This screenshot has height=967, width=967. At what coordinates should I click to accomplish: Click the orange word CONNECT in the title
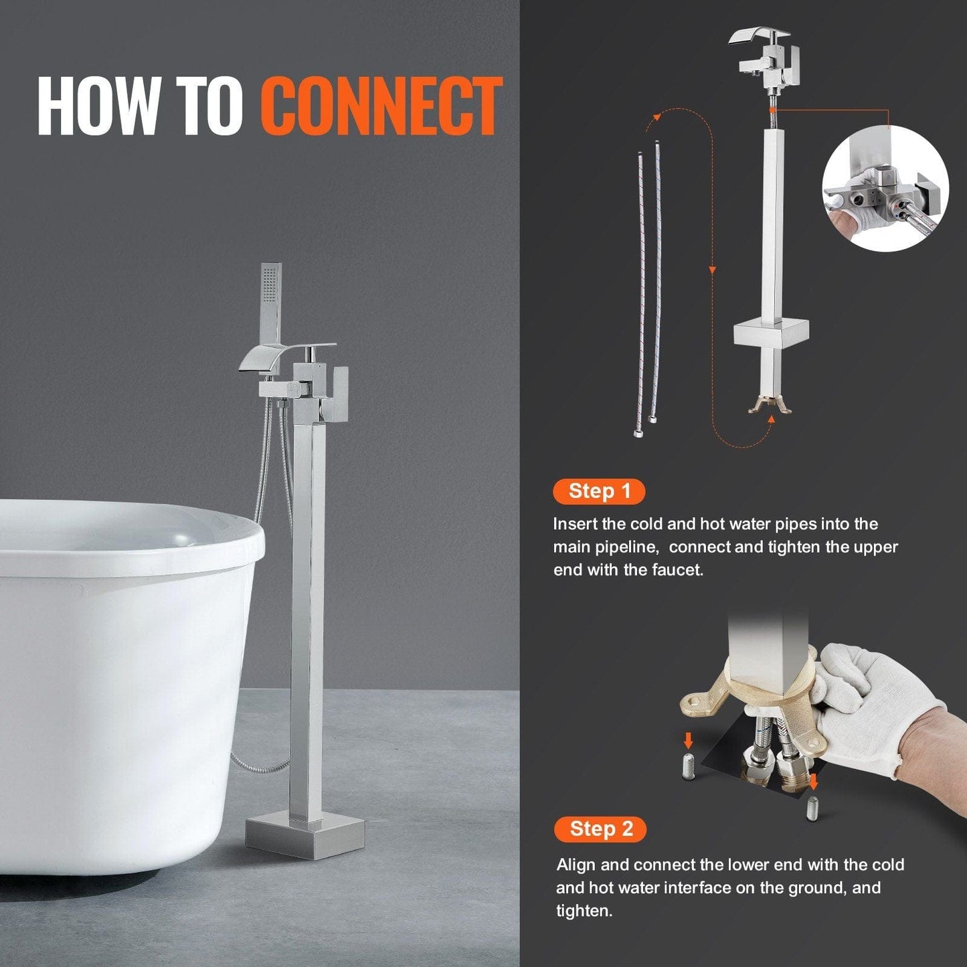pyautogui.click(x=381, y=106)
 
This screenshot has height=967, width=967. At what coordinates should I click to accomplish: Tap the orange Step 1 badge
pyautogui.click(x=599, y=491)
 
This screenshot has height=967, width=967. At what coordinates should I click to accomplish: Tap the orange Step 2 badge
pyautogui.click(x=600, y=829)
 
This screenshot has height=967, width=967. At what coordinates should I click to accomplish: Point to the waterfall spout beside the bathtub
pyautogui.click(x=264, y=361)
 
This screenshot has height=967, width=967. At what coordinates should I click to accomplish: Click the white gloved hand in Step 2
pyautogui.click(x=870, y=709)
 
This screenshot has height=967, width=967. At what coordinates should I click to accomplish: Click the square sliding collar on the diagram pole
pyautogui.click(x=770, y=333)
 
